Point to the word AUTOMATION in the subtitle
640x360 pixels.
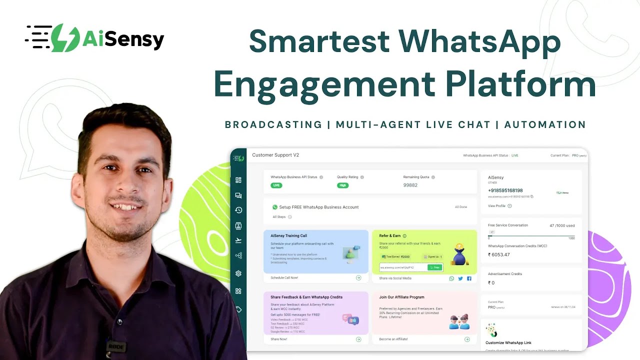pyautogui.click(x=545, y=124)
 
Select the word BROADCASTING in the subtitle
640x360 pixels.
pyautogui.click(x=273, y=124)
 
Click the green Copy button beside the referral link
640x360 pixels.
pyautogui.click(x=435, y=267)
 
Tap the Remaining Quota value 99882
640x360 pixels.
pyautogui.click(x=410, y=185)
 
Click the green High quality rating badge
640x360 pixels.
pyautogui.click(x=342, y=185)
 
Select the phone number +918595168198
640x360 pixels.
pyautogui.click(x=505, y=190)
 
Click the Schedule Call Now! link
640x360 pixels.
pyautogui.click(x=284, y=277)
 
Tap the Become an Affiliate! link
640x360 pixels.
pyautogui.click(x=393, y=339)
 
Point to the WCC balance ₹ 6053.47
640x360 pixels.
pyautogui.click(x=499, y=254)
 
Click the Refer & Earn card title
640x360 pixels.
pyautogui.click(x=390, y=235)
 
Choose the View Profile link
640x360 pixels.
pyautogui.click(x=497, y=206)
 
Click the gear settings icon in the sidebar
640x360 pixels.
pyautogui.click(x=238, y=273)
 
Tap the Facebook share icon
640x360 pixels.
pyautogui.click(x=469, y=278)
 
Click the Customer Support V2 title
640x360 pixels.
pyautogui.click(x=275, y=155)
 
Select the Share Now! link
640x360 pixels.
pyautogui.click(x=279, y=339)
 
